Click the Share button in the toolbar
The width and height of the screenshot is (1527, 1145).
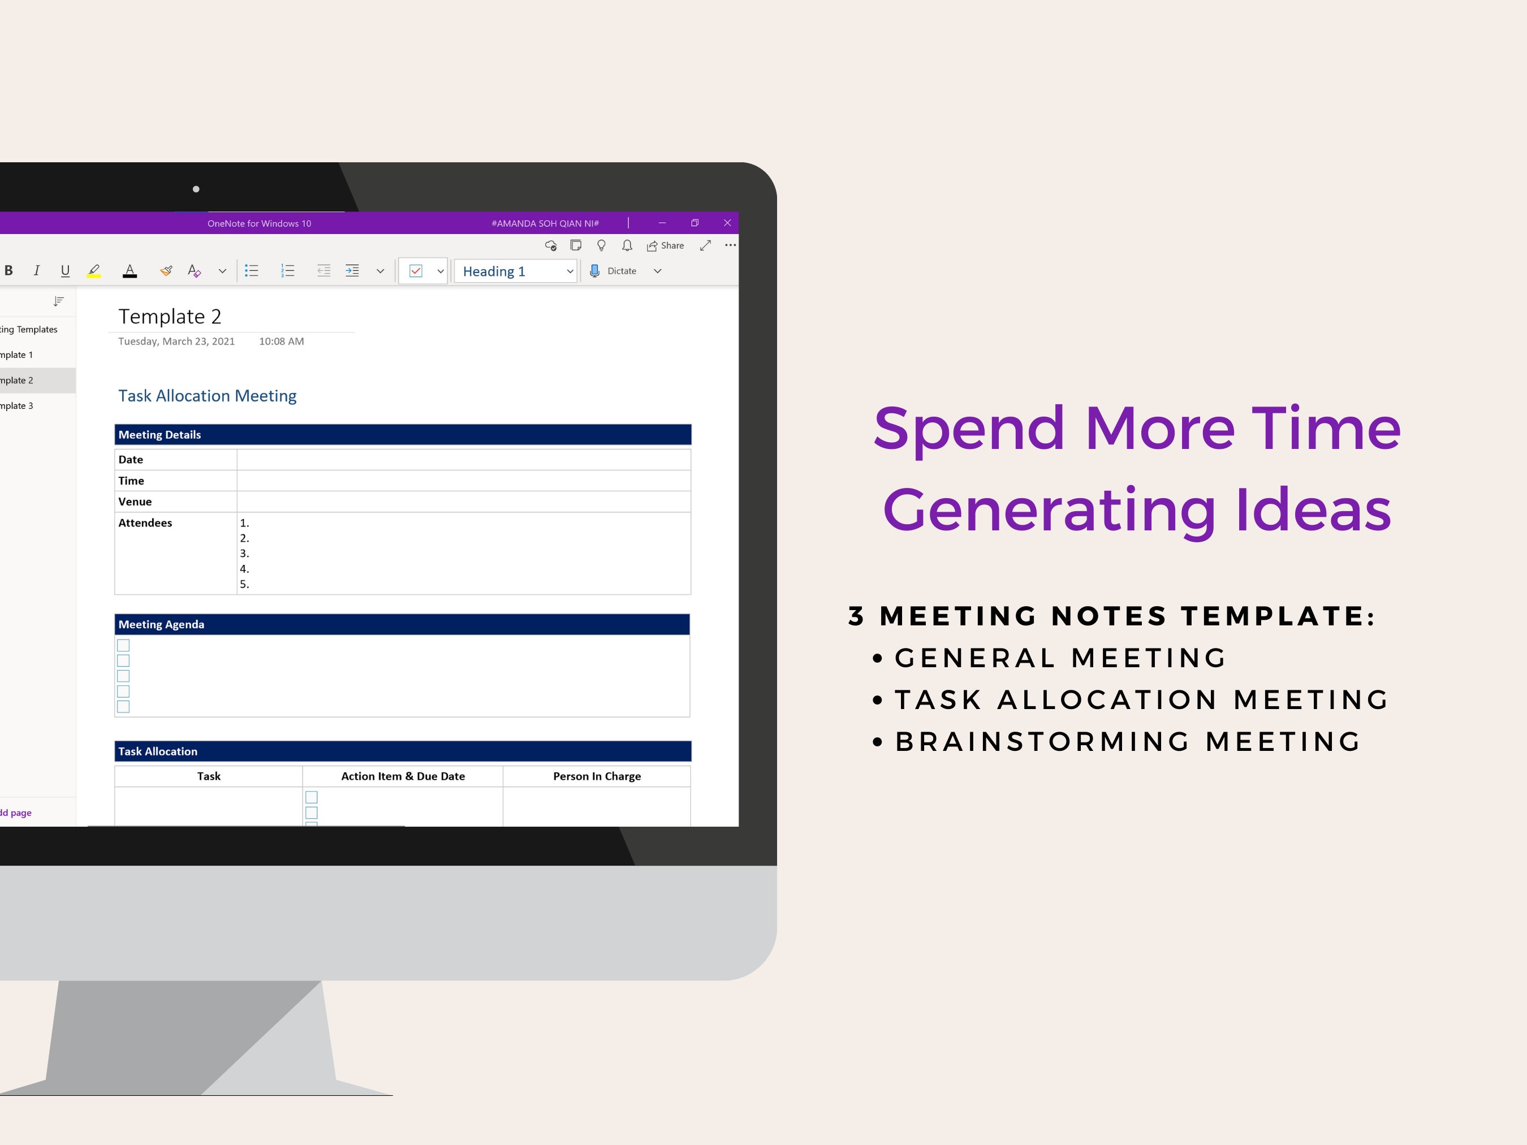click(666, 246)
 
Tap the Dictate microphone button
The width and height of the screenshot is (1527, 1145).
click(613, 271)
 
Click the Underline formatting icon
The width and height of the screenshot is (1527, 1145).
click(65, 271)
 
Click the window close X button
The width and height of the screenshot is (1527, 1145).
click(727, 223)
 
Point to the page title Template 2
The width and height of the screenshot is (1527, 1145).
click(170, 317)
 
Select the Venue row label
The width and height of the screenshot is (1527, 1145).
click(135, 502)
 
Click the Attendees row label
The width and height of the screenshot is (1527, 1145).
click(145, 523)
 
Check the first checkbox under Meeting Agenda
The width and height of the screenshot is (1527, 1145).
click(123, 645)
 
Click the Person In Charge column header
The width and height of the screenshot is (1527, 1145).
click(597, 776)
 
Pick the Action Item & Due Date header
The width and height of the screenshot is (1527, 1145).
click(403, 776)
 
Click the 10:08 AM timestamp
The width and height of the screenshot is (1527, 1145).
click(282, 342)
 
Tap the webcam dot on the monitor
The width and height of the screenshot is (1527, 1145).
click(196, 189)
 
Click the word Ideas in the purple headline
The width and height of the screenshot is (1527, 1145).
click(1313, 511)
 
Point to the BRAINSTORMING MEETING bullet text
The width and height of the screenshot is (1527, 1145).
click(1128, 742)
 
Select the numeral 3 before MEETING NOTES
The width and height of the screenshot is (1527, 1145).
click(856, 616)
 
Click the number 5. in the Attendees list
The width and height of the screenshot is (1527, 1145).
click(244, 585)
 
